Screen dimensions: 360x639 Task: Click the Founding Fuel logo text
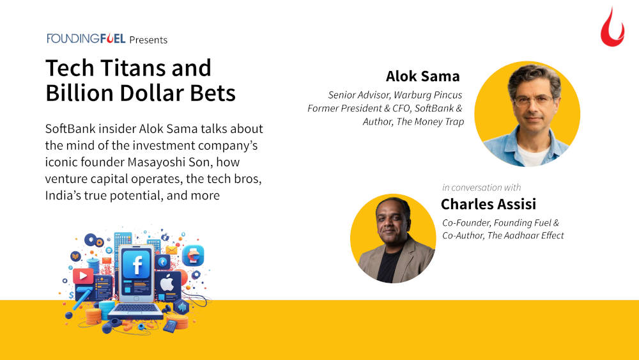click(86, 38)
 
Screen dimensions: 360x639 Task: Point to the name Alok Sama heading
click(422, 76)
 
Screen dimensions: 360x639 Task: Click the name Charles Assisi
click(488, 204)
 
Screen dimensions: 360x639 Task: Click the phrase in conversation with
click(481, 187)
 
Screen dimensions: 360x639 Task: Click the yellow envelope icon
click(171, 250)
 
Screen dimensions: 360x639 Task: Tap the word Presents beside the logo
click(148, 40)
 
